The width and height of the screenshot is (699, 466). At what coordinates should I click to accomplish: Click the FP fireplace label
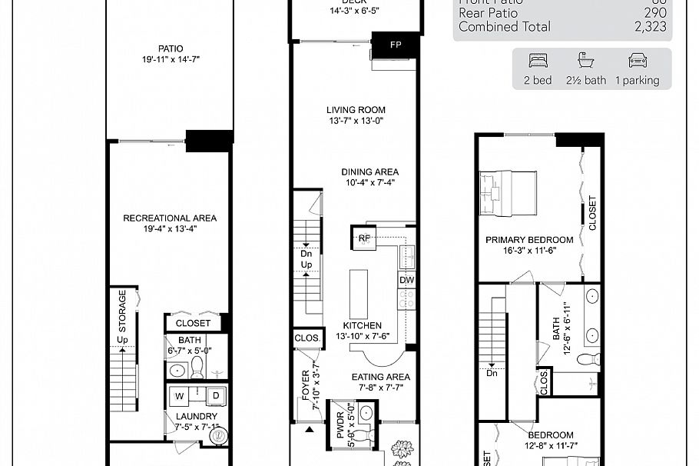(x=396, y=45)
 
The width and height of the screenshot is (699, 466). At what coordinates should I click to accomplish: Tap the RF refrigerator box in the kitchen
(x=363, y=238)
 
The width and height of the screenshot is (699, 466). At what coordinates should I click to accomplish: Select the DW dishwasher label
(x=407, y=281)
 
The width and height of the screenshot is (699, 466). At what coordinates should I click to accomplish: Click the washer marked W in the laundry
(x=179, y=396)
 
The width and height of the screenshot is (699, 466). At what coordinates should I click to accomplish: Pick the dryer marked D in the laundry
(x=216, y=396)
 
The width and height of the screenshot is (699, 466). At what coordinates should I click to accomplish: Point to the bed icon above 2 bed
(x=537, y=61)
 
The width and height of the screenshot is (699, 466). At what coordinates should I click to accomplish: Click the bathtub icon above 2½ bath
(x=587, y=61)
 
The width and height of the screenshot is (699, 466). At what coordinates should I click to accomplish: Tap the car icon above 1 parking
(x=637, y=61)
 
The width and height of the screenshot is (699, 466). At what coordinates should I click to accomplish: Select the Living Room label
(x=356, y=110)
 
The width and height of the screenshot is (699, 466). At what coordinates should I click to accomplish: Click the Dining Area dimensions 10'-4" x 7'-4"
(x=371, y=183)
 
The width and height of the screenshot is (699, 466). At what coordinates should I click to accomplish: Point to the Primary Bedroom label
(x=529, y=240)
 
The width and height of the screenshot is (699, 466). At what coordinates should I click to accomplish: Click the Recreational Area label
(x=170, y=218)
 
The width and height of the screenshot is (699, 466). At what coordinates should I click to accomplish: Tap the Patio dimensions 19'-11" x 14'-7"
(x=171, y=59)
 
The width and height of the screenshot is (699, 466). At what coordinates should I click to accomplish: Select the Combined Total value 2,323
(x=650, y=27)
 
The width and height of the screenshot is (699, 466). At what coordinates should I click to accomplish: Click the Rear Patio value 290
(x=655, y=13)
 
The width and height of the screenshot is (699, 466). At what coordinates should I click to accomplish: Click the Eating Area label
(x=381, y=377)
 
